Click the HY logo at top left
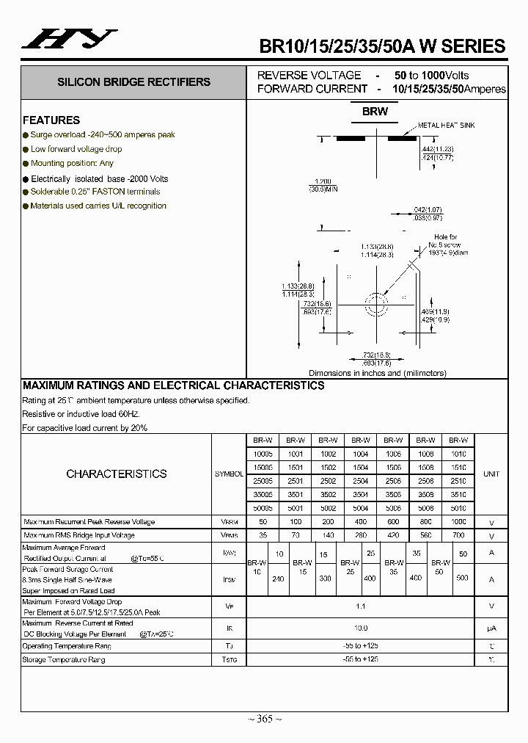click(x=69, y=40)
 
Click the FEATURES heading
click(x=51, y=120)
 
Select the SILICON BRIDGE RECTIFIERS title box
click(x=133, y=82)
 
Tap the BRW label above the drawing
click(x=375, y=112)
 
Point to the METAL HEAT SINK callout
click(x=446, y=126)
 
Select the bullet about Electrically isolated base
click(x=100, y=178)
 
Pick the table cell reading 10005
click(x=263, y=454)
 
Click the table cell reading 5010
click(x=458, y=507)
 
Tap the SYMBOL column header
click(x=229, y=474)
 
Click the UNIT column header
click(x=491, y=474)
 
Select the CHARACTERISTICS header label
click(x=117, y=474)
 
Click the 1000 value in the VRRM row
click(x=458, y=522)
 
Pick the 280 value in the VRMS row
click(x=360, y=536)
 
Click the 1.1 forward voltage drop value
click(x=360, y=606)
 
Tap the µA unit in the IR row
click(x=491, y=628)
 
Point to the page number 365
click(x=265, y=719)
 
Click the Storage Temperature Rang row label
click(x=64, y=660)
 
